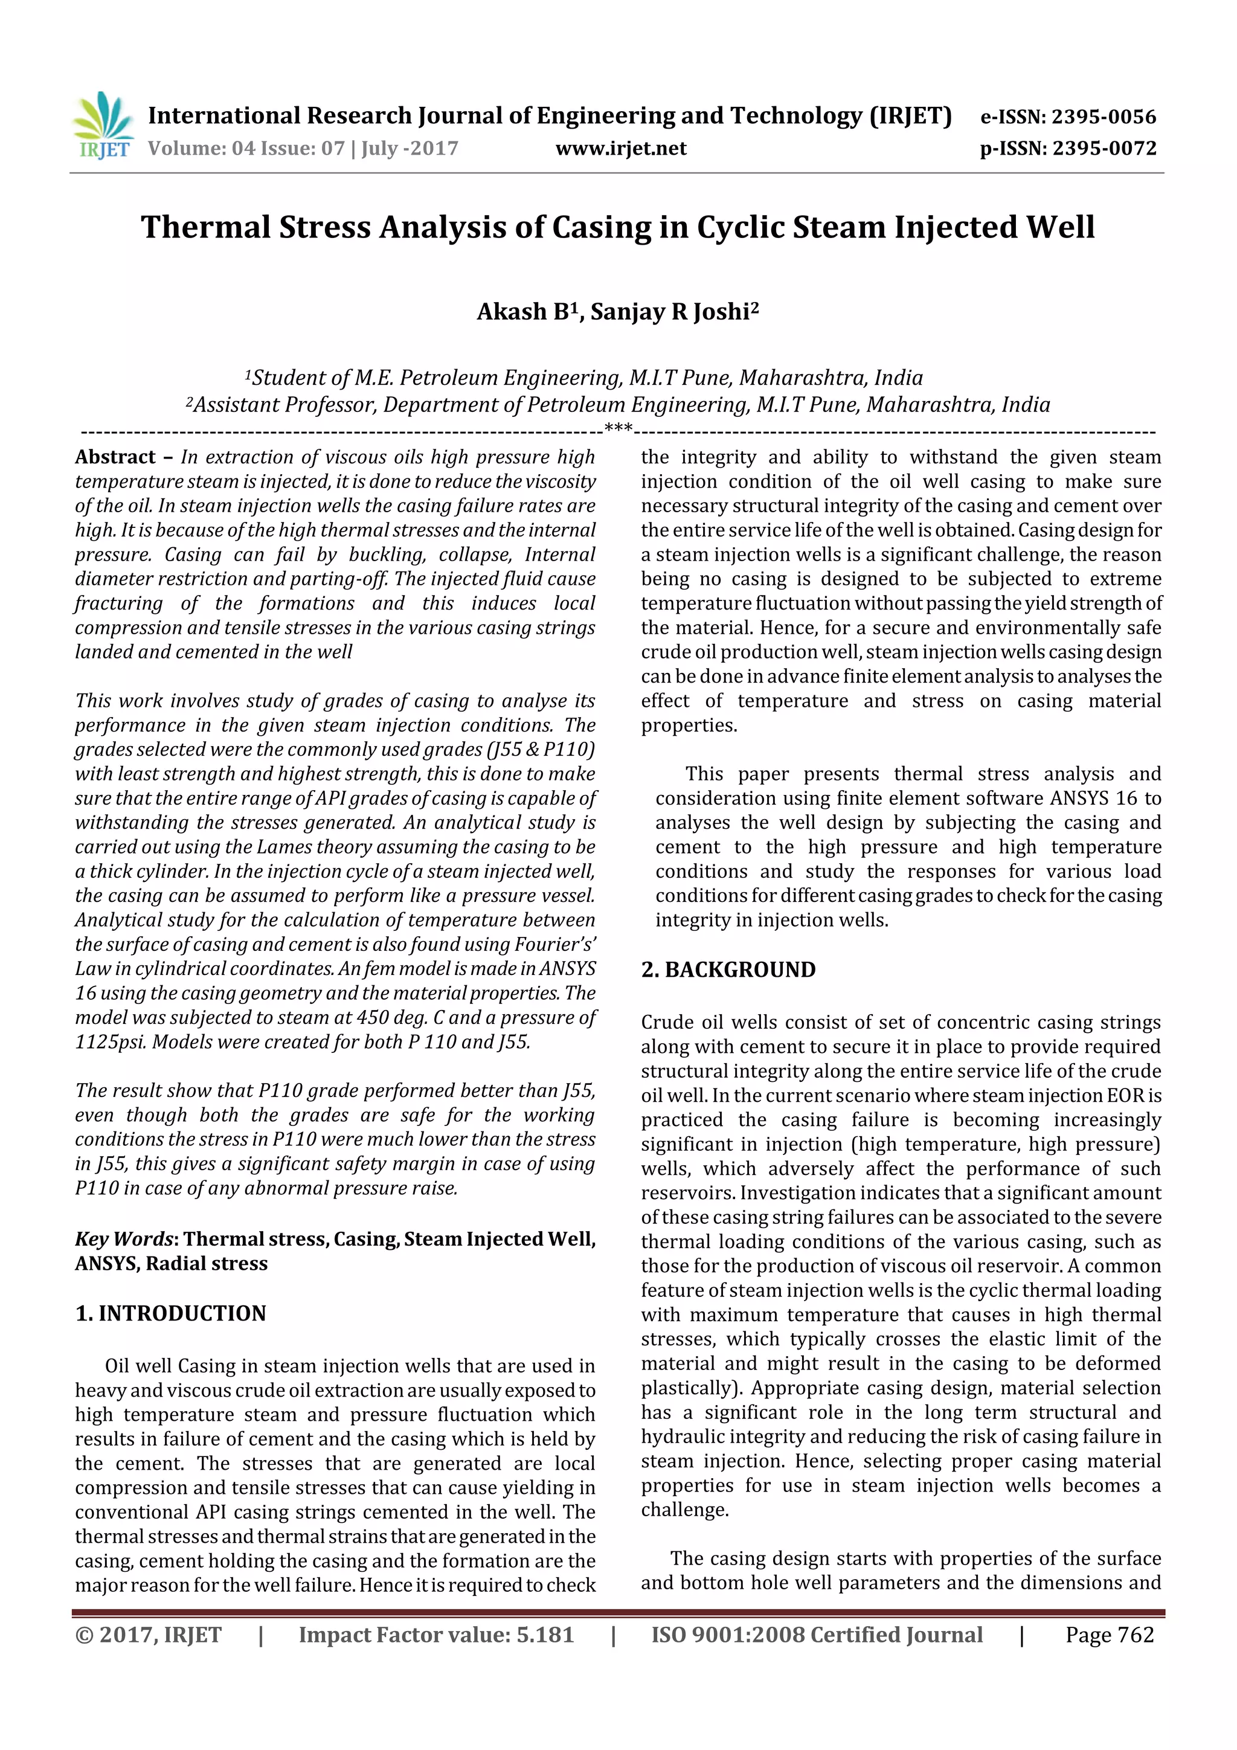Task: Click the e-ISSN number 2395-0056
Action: click(x=1104, y=117)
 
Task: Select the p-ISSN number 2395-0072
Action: click(x=1104, y=148)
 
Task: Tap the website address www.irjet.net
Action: click(x=620, y=148)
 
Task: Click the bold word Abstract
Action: click(x=115, y=457)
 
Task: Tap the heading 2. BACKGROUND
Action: click(x=728, y=970)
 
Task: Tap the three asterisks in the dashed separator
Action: click(x=618, y=428)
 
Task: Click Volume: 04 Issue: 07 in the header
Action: click(x=247, y=148)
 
